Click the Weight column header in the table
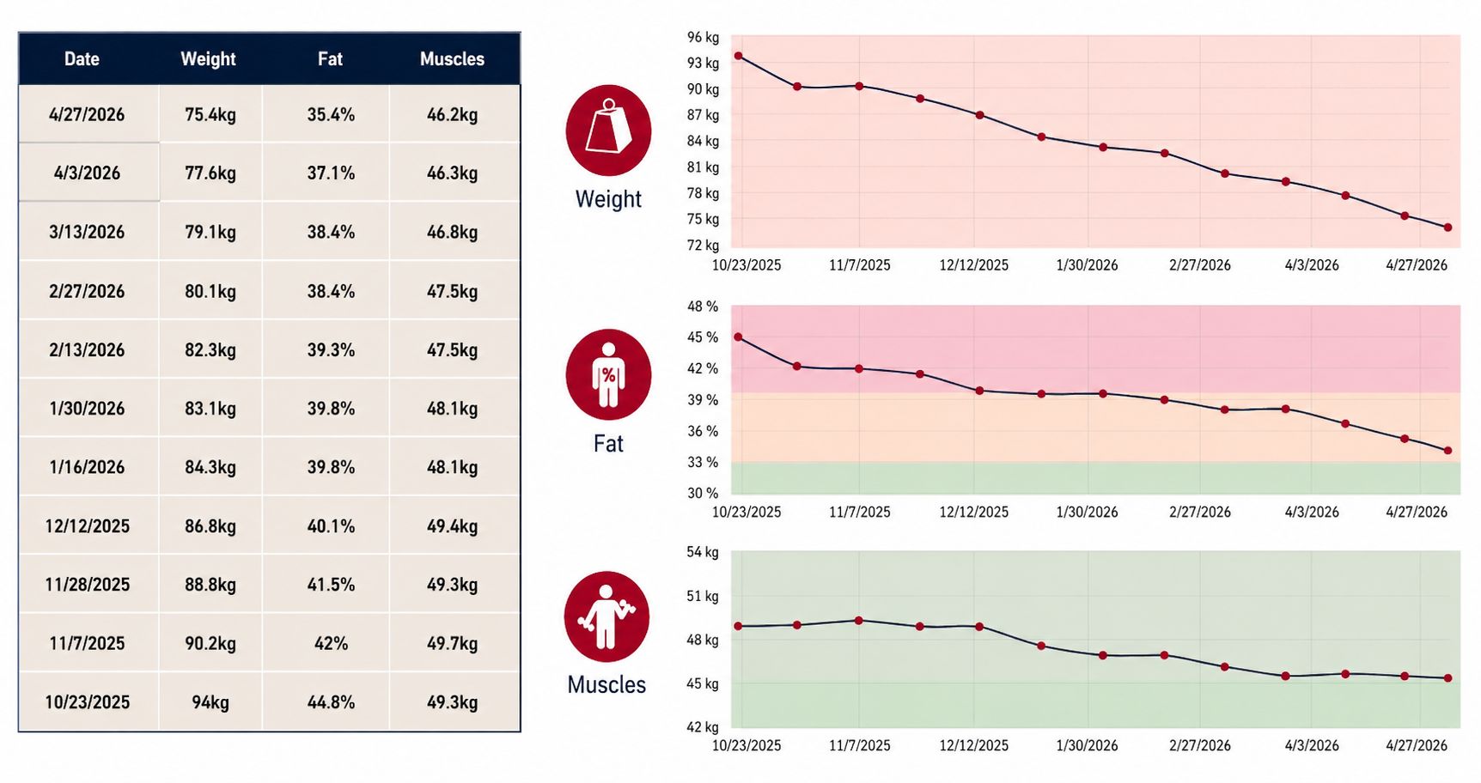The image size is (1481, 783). [208, 59]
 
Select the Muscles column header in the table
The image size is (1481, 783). [452, 59]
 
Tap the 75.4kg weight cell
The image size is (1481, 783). [210, 114]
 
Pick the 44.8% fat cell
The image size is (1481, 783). [331, 702]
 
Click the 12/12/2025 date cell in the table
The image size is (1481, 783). [87, 526]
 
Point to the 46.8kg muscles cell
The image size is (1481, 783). [452, 232]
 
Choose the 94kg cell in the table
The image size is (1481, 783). [210, 702]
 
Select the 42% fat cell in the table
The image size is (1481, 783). [331, 643]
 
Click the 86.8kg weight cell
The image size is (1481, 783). [210, 526]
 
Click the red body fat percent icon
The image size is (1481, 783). [608, 375]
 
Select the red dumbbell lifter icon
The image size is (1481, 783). [606, 616]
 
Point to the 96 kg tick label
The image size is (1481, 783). [703, 37]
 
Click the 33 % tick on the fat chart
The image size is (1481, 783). [703, 462]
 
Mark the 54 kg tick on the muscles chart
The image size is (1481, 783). [703, 552]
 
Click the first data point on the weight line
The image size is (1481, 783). [739, 56]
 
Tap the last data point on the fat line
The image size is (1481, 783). [1448, 451]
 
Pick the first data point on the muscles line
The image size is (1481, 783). [739, 626]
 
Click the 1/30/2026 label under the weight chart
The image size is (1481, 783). [1087, 265]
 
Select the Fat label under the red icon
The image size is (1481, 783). [608, 444]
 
